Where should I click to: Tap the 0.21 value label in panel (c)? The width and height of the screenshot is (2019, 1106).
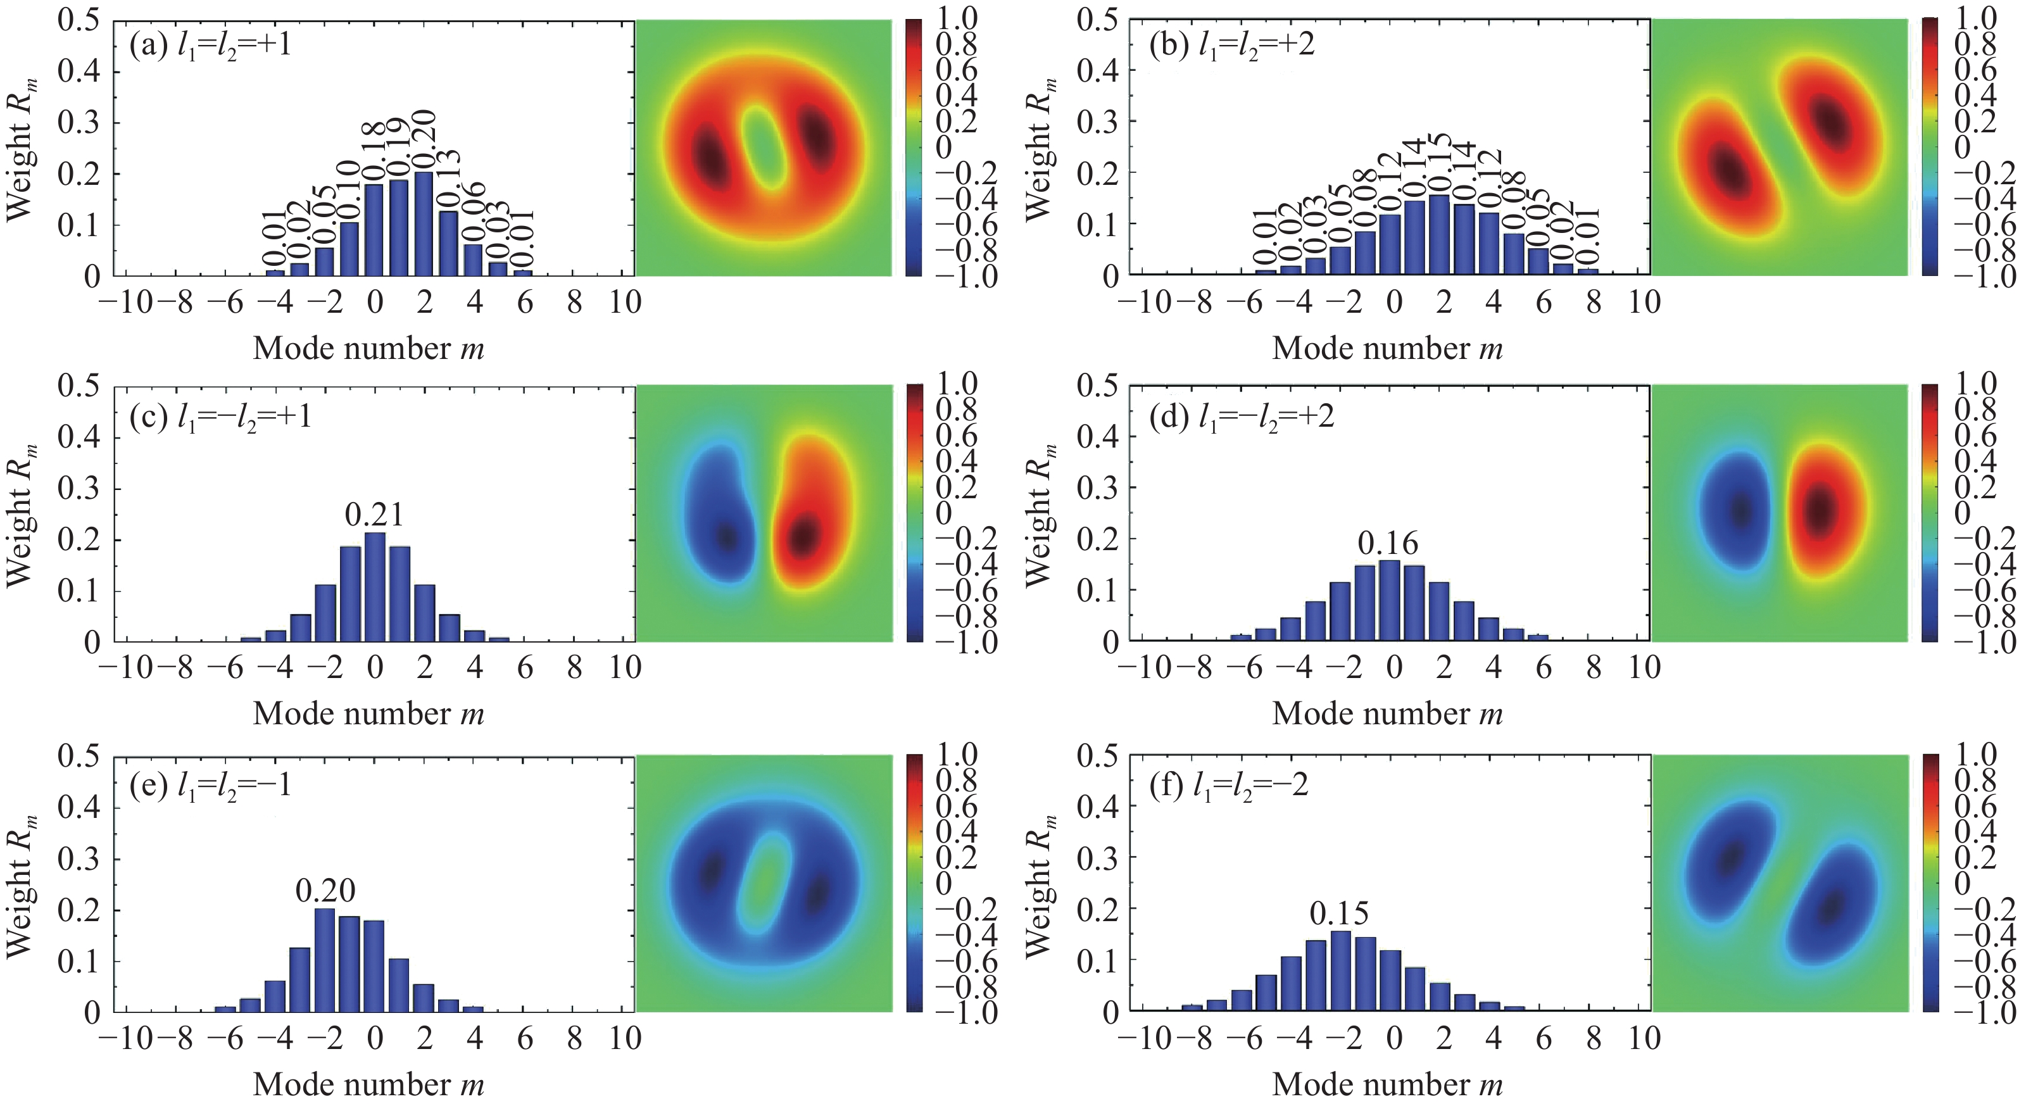click(x=375, y=515)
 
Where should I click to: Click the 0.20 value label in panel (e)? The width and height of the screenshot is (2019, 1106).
click(x=325, y=891)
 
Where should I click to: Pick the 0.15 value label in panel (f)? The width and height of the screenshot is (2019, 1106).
click(x=1340, y=913)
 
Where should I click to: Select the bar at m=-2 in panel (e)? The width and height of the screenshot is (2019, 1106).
click(x=325, y=960)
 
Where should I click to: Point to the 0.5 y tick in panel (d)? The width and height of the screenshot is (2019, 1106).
click(x=1098, y=386)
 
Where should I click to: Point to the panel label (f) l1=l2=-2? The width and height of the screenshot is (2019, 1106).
click(x=1229, y=784)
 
